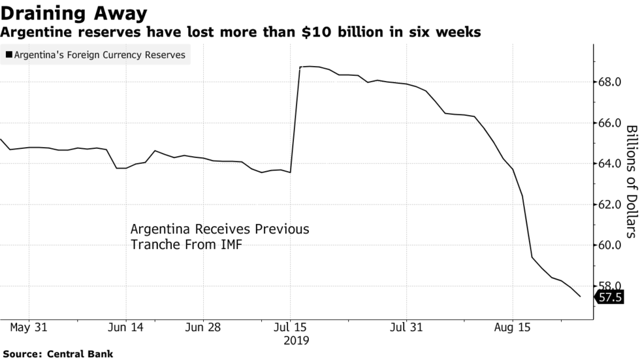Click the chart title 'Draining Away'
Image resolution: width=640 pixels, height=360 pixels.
pos(73,12)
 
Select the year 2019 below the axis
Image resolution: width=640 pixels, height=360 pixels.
pos(296,340)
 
